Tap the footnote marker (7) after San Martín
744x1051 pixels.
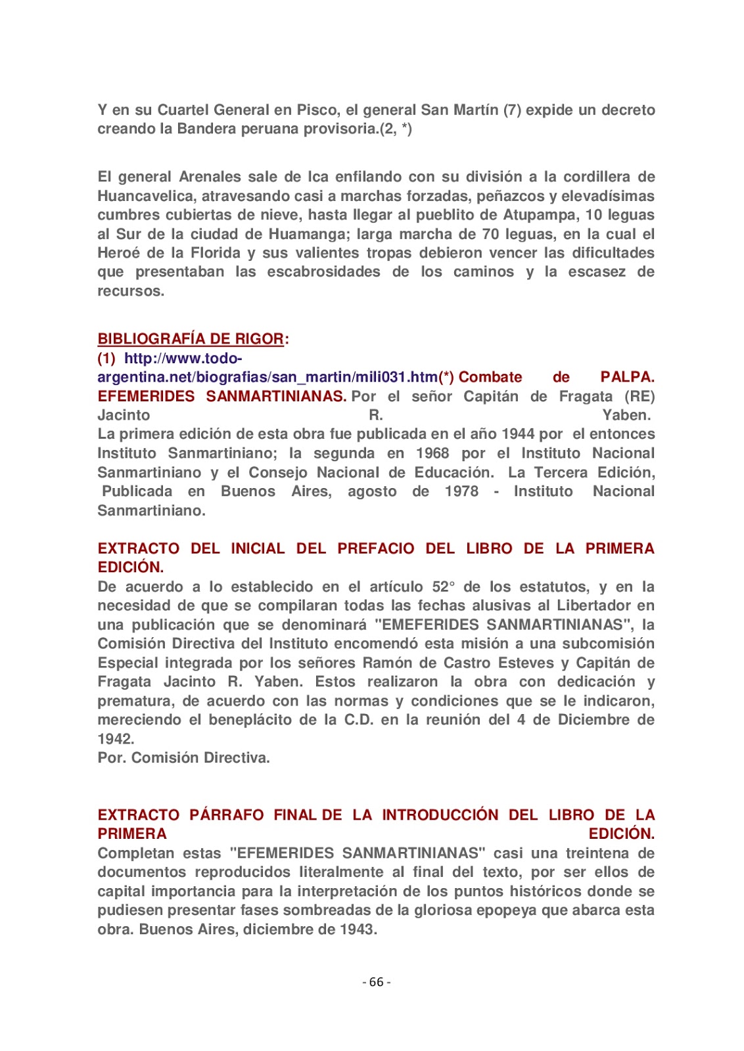[x=512, y=110]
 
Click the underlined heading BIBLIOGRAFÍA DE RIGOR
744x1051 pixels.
[x=191, y=339]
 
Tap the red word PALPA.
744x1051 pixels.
[x=627, y=377]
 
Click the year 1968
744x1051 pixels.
[x=432, y=453]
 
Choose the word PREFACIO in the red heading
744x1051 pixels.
[x=376, y=548]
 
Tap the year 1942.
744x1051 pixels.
[x=116, y=739]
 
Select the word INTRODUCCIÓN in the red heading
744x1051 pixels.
[x=440, y=815]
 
